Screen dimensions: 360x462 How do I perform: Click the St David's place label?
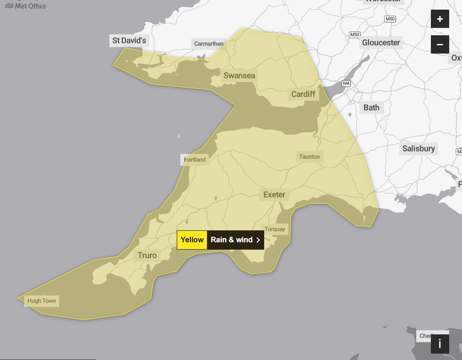(129, 41)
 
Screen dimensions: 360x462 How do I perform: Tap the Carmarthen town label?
(209, 44)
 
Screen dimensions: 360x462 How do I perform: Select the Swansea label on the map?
(239, 76)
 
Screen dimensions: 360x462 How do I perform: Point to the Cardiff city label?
(303, 94)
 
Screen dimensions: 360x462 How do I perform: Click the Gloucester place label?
(381, 43)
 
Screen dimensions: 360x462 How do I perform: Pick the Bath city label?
(371, 108)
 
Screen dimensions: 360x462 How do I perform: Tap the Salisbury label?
(419, 148)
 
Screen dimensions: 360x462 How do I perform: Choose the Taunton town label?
(310, 157)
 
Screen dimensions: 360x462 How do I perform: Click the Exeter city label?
(274, 195)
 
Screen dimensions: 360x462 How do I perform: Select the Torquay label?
(275, 229)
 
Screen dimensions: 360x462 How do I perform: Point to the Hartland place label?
(195, 160)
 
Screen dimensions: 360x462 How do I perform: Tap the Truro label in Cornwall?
(147, 256)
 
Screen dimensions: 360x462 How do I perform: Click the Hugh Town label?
(42, 301)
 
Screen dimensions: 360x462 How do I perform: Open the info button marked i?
(440, 344)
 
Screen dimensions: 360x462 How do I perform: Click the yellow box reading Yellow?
(192, 240)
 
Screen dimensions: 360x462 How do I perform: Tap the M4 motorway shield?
(346, 83)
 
